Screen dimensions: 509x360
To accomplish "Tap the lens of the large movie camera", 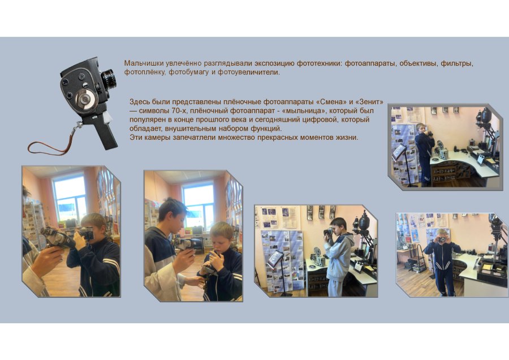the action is click(109, 79).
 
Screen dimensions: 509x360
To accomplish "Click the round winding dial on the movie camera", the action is click(85, 98).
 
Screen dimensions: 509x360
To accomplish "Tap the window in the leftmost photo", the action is click(70, 197).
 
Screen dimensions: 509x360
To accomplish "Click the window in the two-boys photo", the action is click(199, 204).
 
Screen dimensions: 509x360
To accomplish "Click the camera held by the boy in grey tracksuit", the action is click(328, 232).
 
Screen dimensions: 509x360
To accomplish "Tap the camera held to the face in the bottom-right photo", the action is click(442, 239).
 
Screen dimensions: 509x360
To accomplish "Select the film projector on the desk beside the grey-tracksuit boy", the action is click(317, 256).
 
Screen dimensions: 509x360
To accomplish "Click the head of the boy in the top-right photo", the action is click(420, 128).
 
